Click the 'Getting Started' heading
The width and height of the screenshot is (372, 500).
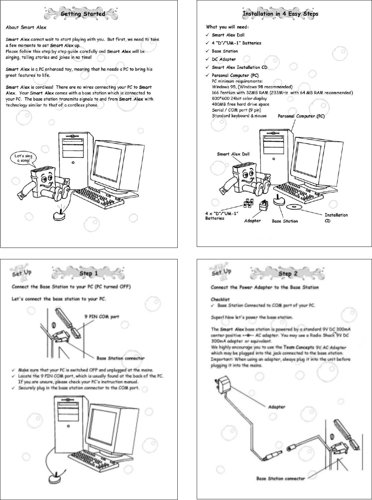pos(83,14)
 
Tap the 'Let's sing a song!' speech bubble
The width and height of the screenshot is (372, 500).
pos(24,158)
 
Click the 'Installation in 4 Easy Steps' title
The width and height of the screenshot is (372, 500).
pos(280,14)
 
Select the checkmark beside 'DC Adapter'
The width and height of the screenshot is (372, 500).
pos(207,59)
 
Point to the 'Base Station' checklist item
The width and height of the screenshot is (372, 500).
pos(225,51)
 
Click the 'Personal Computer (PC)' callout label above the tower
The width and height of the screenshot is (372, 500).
pos(301,116)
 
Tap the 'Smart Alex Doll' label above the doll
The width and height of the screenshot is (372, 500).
pos(233,154)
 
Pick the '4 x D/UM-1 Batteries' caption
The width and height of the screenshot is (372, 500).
pos(221,216)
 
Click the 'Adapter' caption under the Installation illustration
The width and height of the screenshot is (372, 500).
pos(252,221)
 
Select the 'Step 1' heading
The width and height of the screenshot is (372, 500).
pos(89,273)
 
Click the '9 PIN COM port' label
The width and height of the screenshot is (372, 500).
pos(101,316)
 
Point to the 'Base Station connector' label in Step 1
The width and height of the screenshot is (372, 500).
pos(120,358)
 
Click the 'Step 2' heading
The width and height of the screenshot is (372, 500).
pos(288,274)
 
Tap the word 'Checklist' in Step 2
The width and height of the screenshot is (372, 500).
pos(220,300)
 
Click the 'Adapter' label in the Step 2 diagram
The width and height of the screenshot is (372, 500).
pos(276,407)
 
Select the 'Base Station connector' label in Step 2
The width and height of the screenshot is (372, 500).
pos(281,479)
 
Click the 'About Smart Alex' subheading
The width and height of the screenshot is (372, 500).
pos(26,27)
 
